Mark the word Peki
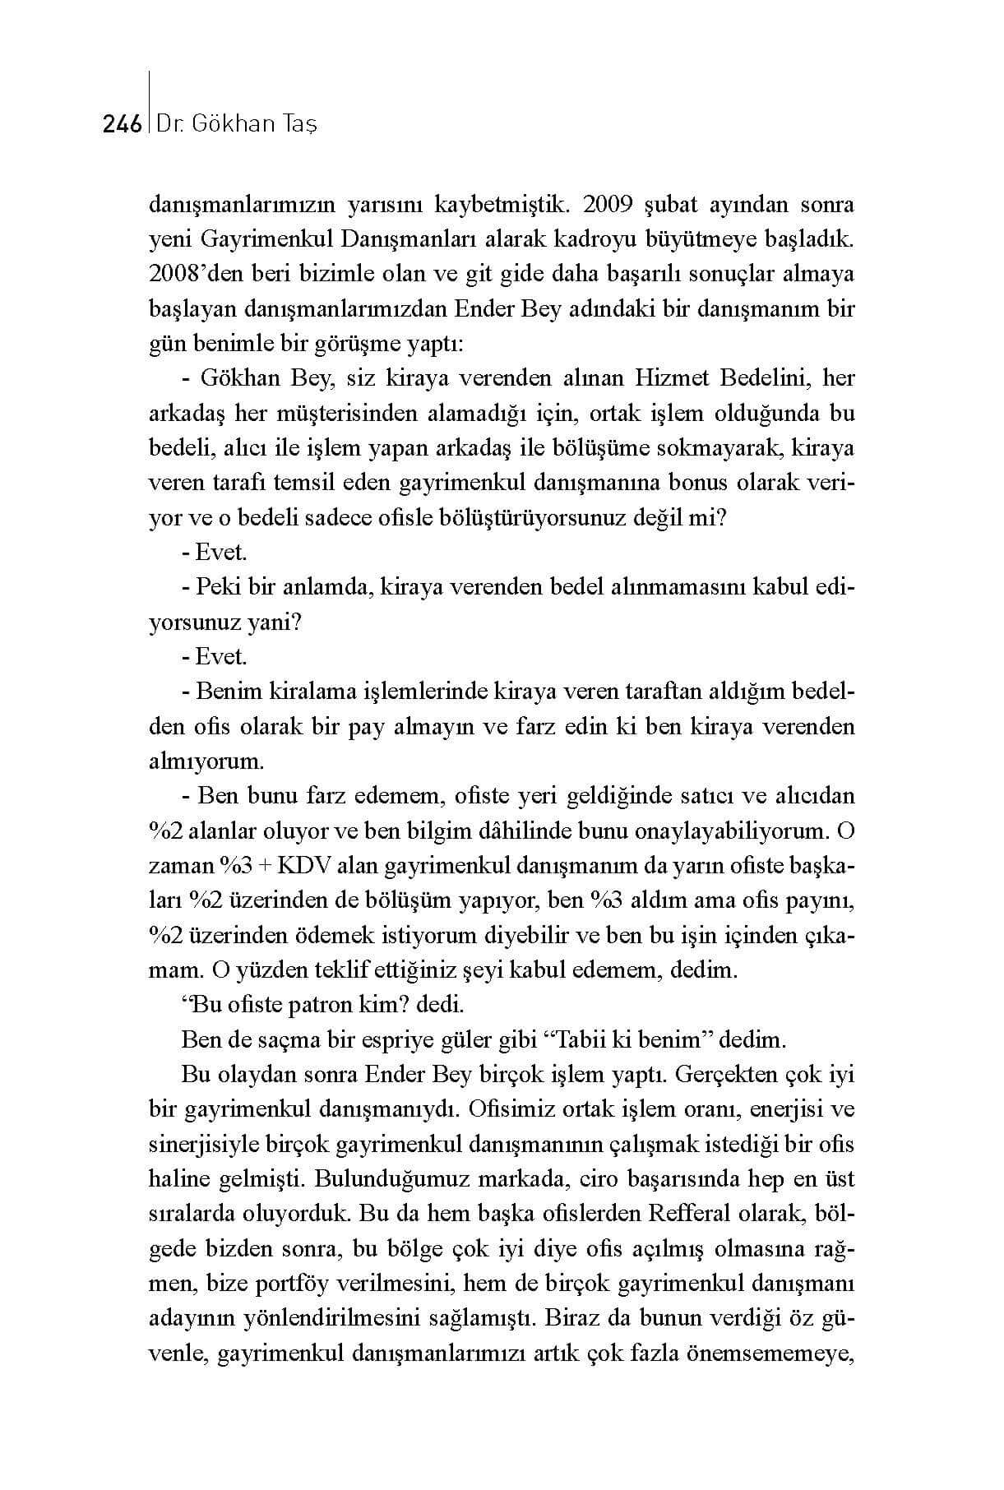coord(219,588)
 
